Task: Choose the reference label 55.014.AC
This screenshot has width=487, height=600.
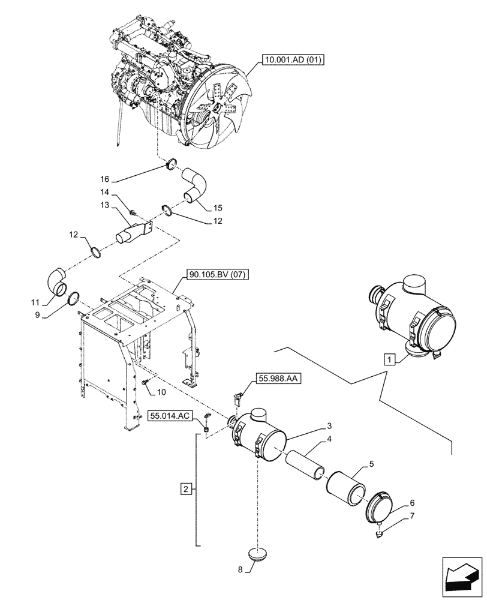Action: [x=171, y=415]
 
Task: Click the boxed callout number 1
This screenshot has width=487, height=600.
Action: [x=390, y=360]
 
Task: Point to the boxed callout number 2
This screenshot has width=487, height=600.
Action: [x=187, y=490]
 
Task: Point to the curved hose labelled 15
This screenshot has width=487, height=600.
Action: [x=196, y=185]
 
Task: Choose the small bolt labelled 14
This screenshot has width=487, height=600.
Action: [x=134, y=211]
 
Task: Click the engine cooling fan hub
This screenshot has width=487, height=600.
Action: [x=227, y=109]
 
